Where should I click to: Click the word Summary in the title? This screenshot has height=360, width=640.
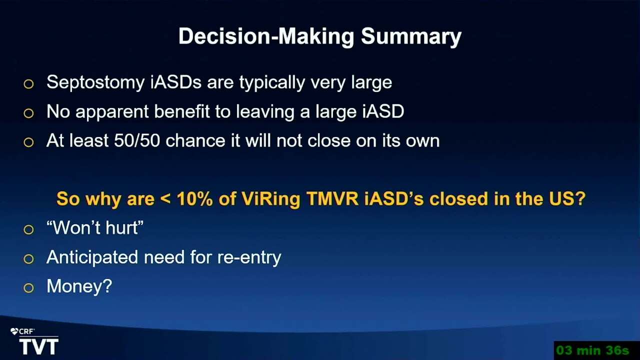[x=411, y=36]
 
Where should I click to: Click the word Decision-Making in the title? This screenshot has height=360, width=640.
[x=266, y=36]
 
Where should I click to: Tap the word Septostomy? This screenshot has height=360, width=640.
[x=95, y=83]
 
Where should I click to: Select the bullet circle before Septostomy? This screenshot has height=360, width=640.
[x=28, y=84]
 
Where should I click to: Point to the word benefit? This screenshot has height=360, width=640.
[x=182, y=111]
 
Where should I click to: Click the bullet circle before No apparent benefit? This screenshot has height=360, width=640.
[x=28, y=113]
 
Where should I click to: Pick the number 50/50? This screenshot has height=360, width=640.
[x=137, y=140]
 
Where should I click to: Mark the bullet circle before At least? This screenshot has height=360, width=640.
[x=28, y=142]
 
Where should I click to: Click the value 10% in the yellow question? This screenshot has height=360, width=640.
[x=195, y=198]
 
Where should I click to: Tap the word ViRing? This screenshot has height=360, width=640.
[x=270, y=199]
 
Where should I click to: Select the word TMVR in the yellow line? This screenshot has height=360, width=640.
[x=332, y=198]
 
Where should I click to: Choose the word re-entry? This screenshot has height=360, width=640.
[x=249, y=257]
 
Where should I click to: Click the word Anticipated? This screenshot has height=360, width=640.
[x=92, y=257]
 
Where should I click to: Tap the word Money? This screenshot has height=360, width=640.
[x=79, y=286]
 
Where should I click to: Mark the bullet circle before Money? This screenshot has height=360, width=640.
[x=28, y=288]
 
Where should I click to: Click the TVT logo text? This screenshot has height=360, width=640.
[x=39, y=346]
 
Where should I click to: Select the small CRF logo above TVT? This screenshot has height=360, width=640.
[x=22, y=331]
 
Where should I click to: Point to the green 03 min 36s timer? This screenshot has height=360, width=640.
[x=593, y=350]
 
